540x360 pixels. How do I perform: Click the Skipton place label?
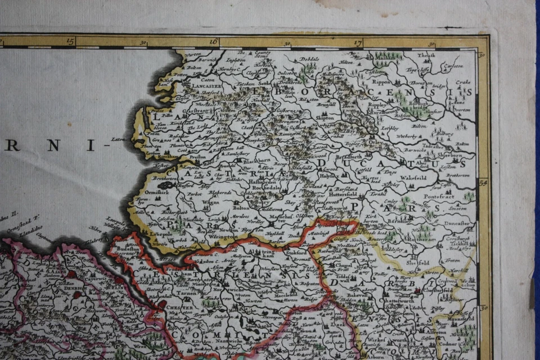coord(325,118)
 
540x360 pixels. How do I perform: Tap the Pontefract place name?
coord(440,199)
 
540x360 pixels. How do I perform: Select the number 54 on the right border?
coord(483,182)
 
